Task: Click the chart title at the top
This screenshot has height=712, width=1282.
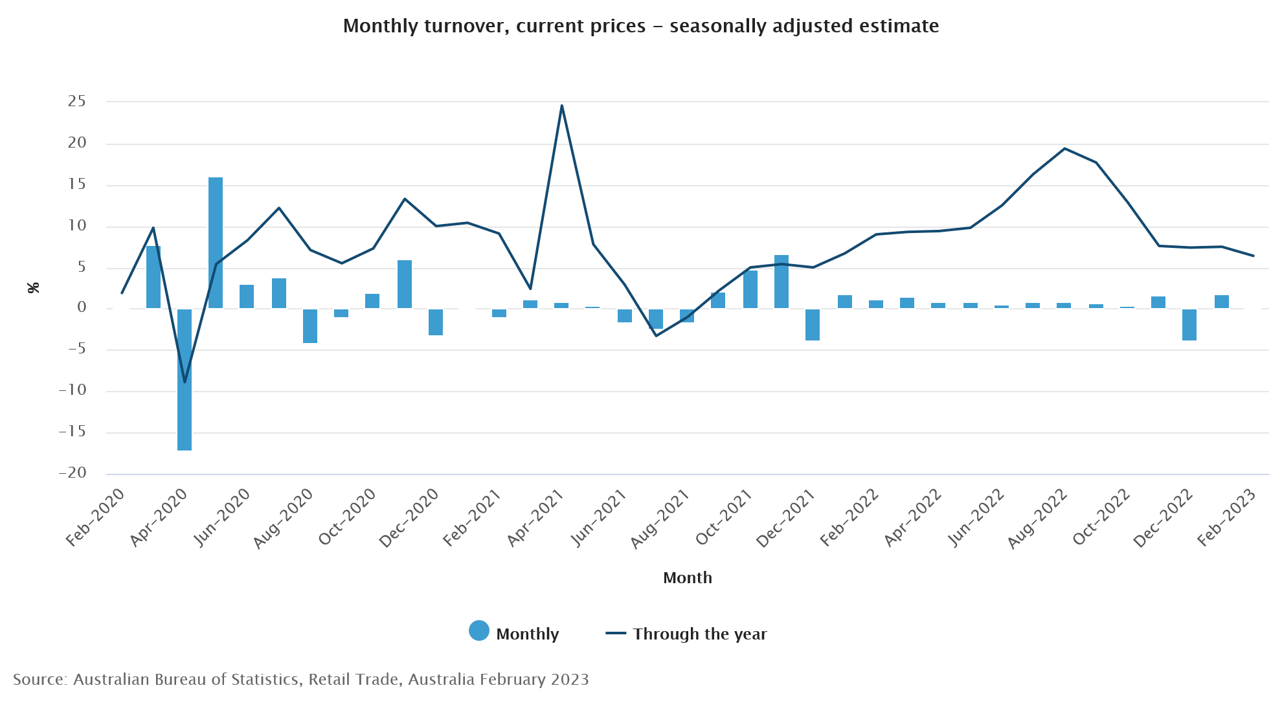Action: (640, 26)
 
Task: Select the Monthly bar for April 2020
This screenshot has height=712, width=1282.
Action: (185, 379)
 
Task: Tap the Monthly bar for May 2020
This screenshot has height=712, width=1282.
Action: (216, 243)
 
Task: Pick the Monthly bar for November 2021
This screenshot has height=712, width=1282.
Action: (782, 282)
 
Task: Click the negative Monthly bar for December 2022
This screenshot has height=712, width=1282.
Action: (1189, 324)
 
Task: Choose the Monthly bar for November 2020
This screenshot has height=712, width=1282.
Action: (405, 284)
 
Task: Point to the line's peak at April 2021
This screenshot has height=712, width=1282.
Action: (561, 106)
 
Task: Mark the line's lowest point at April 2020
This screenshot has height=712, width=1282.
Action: (185, 382)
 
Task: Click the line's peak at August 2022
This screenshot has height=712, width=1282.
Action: (1064, 149)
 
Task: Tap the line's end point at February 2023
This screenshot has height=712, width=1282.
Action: (1254, 256)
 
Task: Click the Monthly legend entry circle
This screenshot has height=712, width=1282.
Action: (479, 630)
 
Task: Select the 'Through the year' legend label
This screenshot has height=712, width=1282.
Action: (699, 634)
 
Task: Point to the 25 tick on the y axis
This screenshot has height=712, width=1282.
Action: (77, 101)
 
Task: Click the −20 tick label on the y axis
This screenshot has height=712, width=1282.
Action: (73, 473)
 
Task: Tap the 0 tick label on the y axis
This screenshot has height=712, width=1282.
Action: (82, 307)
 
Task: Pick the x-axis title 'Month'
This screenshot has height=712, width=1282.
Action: (687, 577)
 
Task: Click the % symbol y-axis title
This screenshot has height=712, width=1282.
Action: (34, 287)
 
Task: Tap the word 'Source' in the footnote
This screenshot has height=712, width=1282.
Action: (38, 679)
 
